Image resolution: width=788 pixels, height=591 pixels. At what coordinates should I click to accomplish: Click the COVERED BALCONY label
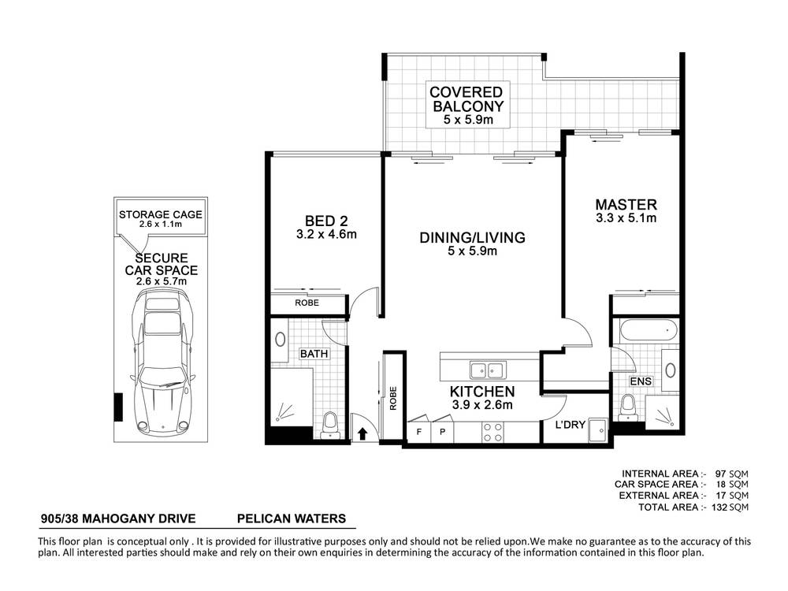(x=466, y=99)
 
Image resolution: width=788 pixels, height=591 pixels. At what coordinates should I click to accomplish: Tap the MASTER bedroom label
(x=626, y=205)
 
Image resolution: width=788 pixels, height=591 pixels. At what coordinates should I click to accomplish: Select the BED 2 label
(x=326, y=221)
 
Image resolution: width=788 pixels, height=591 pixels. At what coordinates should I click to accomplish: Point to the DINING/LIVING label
(x=472, y=237)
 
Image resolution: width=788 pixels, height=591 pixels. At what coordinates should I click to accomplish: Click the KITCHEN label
(x=482, y=392)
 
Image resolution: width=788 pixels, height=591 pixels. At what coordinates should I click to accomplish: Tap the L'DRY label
(x=570, y=426)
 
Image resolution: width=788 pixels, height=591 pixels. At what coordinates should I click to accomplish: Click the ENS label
(x=641, y=381)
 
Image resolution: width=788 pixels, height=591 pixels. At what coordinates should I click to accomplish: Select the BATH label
(x=314, y=354)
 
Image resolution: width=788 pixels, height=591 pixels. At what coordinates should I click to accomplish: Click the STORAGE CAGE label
(x=160, y=214)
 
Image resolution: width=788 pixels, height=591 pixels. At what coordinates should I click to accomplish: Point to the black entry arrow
(x=362, y=433)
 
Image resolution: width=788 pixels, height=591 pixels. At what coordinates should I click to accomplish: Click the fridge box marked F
(x=418, y=431)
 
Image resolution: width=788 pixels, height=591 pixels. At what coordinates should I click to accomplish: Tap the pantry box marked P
(x=442, y=431)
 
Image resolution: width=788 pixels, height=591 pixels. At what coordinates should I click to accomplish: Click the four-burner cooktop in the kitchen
(x=493, y=432)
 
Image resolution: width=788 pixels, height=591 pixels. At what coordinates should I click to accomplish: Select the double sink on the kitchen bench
(x=488, y=370)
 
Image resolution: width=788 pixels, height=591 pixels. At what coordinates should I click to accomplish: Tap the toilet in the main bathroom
(x=329, y=426)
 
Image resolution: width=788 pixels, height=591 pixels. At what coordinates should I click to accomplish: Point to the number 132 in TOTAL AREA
(x=719, y=507)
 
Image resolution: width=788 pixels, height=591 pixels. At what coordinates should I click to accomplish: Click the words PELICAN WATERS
(x=292, y=519)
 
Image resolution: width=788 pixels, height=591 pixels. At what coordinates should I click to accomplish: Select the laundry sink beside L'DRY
(x=598, y=430)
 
